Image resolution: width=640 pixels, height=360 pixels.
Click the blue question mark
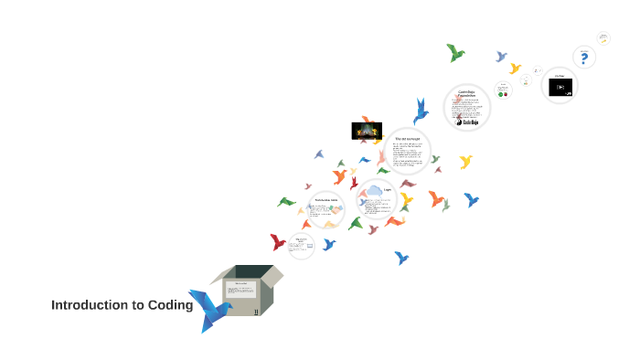584,58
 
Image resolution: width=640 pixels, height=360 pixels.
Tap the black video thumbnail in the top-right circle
560,88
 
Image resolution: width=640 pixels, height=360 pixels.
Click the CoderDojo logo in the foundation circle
467,119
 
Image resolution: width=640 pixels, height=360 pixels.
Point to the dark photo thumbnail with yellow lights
367,131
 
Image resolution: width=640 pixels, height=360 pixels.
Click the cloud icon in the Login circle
373,192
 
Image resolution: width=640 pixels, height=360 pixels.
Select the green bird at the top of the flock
455,53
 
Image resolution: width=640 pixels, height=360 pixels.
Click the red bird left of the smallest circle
277,242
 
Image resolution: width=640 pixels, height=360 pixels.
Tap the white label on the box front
242,290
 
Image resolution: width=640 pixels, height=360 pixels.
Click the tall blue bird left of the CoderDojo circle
421,111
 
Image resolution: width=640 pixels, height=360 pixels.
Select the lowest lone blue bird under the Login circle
400,258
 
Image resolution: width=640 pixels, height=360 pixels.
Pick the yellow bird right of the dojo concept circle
465,162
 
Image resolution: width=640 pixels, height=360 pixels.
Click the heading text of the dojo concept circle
406,138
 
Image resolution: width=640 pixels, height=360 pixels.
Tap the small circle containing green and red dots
503,90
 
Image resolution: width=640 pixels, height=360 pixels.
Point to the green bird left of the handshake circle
287,202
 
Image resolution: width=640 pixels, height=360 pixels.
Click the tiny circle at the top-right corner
603,38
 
